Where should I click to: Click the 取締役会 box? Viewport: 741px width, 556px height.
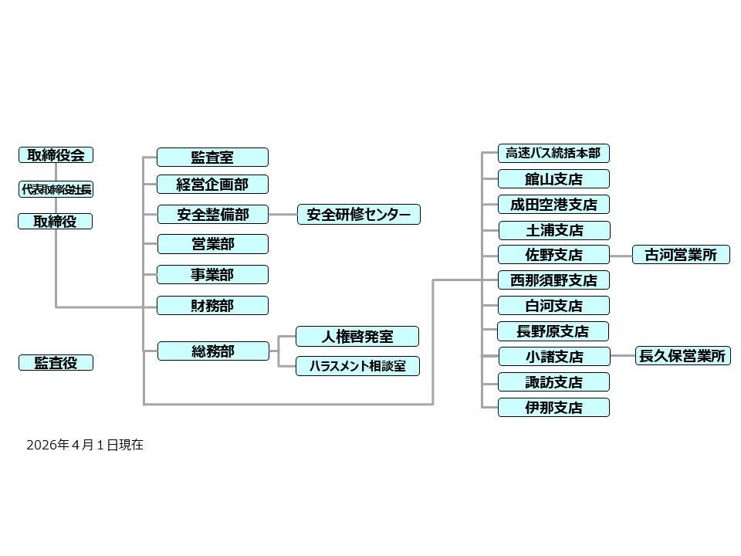[x=56, y=155]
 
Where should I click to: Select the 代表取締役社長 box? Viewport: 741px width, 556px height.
[x=56, y=189]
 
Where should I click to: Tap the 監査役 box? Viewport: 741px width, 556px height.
[x=56, y=362]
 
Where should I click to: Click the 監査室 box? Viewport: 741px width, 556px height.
[x=212, y=158]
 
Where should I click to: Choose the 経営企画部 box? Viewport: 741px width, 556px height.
[x=212, y=185]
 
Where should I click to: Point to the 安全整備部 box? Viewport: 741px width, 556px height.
[x=212, y=214]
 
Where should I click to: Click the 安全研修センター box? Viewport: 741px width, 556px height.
[x=359, y=214]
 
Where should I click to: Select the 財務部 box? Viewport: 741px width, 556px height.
[x=212, y=305]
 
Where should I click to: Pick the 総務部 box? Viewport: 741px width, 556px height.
[x=212, y=351]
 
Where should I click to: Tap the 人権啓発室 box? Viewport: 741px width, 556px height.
[x=357, y=337]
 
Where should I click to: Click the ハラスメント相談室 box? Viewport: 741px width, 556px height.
[x=357, y=366]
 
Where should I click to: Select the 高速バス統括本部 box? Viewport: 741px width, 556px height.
[x=553, y=153]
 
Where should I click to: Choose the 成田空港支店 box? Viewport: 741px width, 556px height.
[x=553, y=205]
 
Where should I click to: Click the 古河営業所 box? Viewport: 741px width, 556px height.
[x=681, y=255]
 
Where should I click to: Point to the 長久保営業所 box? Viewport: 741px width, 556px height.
[x=682, y=356]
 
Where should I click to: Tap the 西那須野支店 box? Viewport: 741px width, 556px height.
[x=553, y=280]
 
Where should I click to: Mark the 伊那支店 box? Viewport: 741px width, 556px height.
[x=553, y=407]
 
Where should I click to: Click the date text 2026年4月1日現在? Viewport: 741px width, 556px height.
[x=85, y=446]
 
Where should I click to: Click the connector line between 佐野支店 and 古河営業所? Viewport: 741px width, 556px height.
[x=621, y=255]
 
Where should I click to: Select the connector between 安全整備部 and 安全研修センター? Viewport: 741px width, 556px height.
[x=283, y=214]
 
